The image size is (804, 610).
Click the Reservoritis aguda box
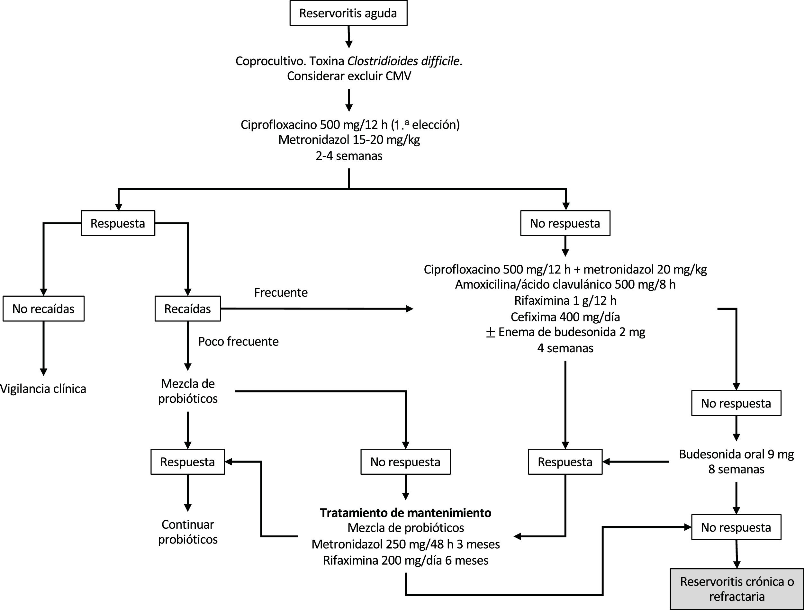point(348,13)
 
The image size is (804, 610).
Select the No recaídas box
point(44,309)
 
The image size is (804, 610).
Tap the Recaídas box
point(187,309)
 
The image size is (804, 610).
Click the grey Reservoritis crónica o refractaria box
point(737,589)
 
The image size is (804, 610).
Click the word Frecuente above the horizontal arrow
point(281,292)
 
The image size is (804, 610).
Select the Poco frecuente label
point(239,342)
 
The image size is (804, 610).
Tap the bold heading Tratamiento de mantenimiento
point(406,513)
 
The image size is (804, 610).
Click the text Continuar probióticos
point(187,532)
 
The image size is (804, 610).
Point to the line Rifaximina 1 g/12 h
point(565,301)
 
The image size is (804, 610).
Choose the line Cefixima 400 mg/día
point(565,317)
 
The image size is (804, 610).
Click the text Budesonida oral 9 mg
point(736,454)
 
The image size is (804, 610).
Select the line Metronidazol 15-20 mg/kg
point(349,140)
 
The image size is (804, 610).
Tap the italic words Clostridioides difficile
point(403,61)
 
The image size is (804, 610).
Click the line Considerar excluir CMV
point(349,76)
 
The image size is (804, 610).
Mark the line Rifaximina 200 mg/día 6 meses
point(406,560)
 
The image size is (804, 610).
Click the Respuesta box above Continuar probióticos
point(187,462)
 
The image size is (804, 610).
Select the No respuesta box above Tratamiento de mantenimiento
point(406,462)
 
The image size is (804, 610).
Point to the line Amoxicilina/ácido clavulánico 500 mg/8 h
point(565,284)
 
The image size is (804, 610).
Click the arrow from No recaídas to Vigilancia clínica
point(44,349)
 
